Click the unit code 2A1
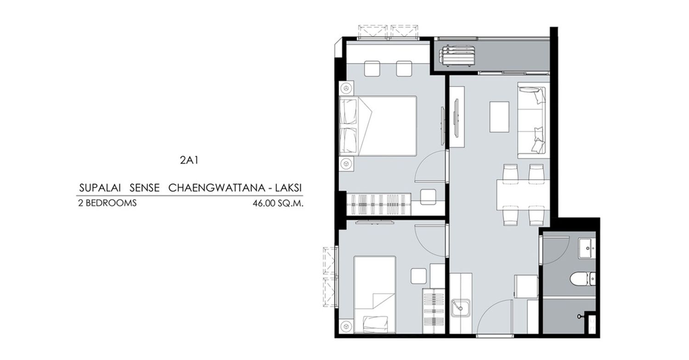tap(189, 160)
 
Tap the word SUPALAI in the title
tap(100, 188)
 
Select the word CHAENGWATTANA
tap(217, 188)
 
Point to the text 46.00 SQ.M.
tap(278, 203)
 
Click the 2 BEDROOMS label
tap(107, 203)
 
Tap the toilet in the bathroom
tap(582, 279)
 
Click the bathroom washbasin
tap(587, 248)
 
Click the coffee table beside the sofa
tap(499, 117)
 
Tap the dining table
tap(523, 195)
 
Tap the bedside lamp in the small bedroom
tap(346, 326)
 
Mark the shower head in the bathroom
tap(580, 316)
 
